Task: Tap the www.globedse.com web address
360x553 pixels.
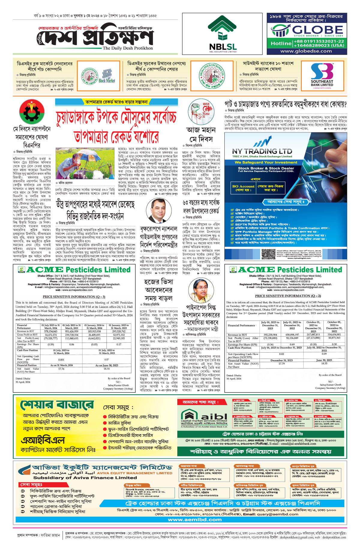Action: click(306, 51)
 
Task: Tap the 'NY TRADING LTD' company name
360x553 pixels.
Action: click(262, 151)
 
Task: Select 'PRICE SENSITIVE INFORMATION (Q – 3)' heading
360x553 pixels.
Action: click(74, 296)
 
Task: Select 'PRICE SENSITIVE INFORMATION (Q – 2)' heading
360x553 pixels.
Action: click(288, 296)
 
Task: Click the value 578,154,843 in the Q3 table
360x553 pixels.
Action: click(51, 331)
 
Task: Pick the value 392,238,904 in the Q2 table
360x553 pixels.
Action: click(270, 335)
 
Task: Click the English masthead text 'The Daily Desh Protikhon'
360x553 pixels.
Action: click(127, 48)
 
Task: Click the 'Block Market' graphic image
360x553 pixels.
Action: click(106, 77)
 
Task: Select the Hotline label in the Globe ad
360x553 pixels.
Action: click(281, 44)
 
